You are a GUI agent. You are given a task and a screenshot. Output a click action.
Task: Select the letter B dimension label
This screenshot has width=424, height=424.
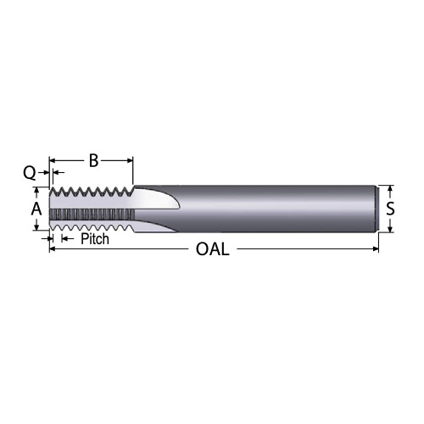pos(94,159)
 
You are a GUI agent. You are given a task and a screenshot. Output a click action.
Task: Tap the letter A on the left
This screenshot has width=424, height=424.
pos(36,208)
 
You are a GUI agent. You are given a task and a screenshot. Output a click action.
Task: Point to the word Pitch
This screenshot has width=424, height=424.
pos(95,240)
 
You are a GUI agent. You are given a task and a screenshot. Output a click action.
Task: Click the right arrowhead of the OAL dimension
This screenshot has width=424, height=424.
pos(375,249)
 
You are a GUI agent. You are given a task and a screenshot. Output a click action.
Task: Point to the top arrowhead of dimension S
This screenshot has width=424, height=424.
pos(389,188)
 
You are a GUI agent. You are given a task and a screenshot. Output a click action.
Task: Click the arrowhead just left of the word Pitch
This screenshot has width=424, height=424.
pos(62,240)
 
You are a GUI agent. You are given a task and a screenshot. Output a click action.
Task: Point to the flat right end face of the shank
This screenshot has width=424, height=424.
pos(377,208)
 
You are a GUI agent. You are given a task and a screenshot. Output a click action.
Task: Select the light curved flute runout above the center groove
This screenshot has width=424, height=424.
pos(161,197)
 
